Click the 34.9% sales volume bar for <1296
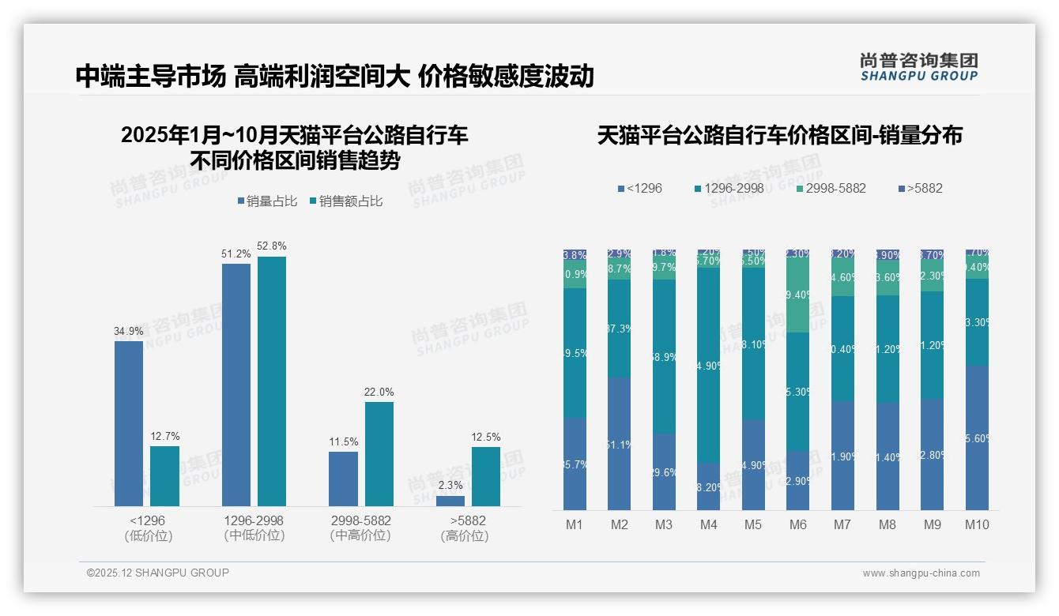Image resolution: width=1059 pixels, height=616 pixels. (129, 423)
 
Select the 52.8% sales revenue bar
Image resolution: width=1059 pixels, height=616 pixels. (272, 381)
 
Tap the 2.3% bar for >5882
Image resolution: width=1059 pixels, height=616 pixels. (450, 501)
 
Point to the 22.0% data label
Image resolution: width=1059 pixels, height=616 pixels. (379, 392)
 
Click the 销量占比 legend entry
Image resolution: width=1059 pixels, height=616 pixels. (267, 201)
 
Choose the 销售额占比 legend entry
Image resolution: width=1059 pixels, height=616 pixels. (347, 201)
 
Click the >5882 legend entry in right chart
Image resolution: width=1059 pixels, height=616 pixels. (921, 188)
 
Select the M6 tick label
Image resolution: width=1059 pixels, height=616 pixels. (798, 524)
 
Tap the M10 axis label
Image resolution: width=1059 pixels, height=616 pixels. (977, 524)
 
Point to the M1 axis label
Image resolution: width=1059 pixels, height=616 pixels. (575, 524)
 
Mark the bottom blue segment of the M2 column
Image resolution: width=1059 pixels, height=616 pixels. (620, 444)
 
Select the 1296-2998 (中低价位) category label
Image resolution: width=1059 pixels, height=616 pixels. (254, 528)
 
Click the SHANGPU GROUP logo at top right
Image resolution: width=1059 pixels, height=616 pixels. (918, 67)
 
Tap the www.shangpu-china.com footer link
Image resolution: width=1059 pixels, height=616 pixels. (921, 573)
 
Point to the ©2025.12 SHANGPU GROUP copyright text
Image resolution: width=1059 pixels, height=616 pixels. (158, 573)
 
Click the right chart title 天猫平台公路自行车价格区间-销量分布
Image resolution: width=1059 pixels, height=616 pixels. (779, 135)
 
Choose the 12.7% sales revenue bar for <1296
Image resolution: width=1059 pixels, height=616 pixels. (164, 476)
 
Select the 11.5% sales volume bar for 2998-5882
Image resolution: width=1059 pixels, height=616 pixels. (343, 479)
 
